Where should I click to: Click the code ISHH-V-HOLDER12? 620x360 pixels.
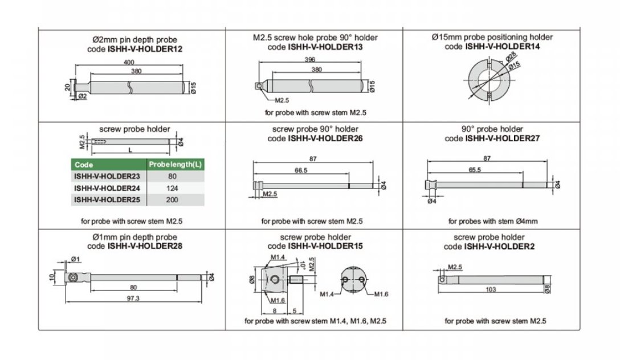(x=145, y=50)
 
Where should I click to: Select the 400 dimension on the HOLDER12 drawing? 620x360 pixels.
(x=129, y=62)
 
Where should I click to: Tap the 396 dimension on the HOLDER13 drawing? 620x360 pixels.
(x=310, y=60)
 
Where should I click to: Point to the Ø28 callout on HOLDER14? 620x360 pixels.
(x=511, y=58)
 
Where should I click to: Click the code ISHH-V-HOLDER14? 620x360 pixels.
(x=502, y=47)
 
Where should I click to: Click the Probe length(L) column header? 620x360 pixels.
(x=176, y=165)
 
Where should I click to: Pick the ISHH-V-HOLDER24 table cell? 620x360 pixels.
(x=107, y=188)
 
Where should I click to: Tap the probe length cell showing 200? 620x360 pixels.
(x=172, y=200)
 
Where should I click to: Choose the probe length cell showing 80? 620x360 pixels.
(x=172, y=176)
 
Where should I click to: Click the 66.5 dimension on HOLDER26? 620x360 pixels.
(x=301, y=170)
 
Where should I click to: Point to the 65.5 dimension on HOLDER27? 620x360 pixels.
(x=475, y=170)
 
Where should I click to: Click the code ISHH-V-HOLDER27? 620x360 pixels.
(x=502, y=139)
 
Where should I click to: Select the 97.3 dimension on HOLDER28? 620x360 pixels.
(x=133, y=298)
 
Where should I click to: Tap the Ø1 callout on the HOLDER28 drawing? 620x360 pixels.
(x=76, y=259)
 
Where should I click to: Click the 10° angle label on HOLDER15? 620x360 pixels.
(x=303, y=265)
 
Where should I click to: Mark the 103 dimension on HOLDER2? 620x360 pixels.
(x=491, y=290)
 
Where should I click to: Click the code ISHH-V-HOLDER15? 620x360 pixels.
(x=325, y=246)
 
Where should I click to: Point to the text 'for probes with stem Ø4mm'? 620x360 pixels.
(x=493, y=221)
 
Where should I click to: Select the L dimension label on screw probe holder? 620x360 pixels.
(x=130, y=150)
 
